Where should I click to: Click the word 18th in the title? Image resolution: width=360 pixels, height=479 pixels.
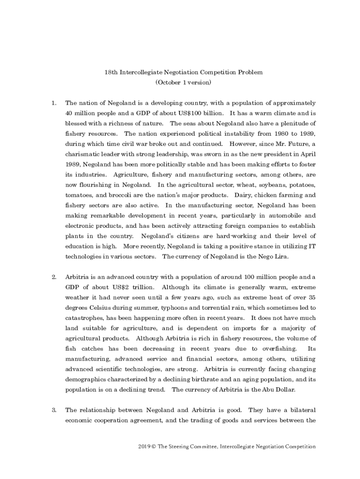[x=111, y=73]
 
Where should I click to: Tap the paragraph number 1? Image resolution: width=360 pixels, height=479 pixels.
[x=54, y=103]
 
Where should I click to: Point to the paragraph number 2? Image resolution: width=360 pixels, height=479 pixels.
[x=54, y=277]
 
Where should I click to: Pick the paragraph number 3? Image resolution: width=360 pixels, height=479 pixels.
[x=54, y=410]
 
